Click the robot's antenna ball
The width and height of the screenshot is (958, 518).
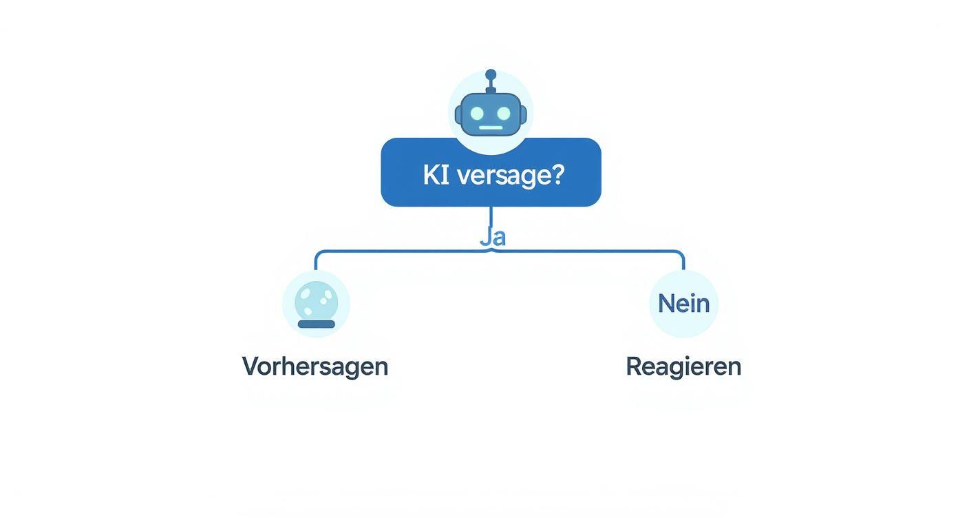[491, 74]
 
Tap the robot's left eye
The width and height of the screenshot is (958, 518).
[477, 113]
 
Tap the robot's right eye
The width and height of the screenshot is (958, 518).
[504, 113]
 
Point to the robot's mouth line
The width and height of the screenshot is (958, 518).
[491, 127]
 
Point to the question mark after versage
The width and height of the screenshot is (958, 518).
[557, 175]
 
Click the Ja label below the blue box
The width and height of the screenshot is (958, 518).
[493, 237]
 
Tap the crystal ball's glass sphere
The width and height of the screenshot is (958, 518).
[317, 300]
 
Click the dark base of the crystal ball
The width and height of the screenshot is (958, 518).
[317, 324]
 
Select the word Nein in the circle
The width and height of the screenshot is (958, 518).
[683, 303]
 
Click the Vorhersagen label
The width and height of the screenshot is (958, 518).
[315, 366]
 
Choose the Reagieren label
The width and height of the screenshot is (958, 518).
[683, 366]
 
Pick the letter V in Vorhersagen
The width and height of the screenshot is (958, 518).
[250, 366]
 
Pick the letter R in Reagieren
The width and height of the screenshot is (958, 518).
[633, 366]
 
